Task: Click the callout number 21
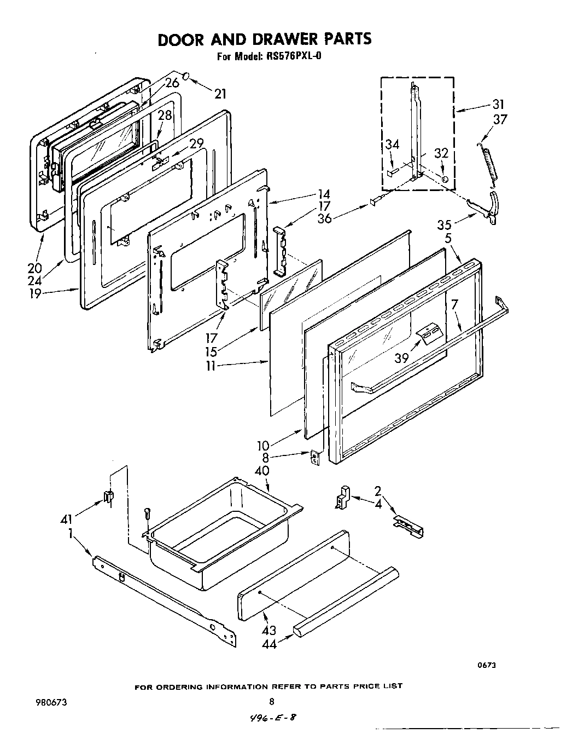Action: coord(220,94)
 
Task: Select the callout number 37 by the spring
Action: coord(500,119)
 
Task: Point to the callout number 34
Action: coord(392,145)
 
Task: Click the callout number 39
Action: coord(402,357)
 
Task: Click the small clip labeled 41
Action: coord(108,498)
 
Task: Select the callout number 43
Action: coord(269,630)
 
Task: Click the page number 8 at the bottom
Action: coord(271,701)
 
